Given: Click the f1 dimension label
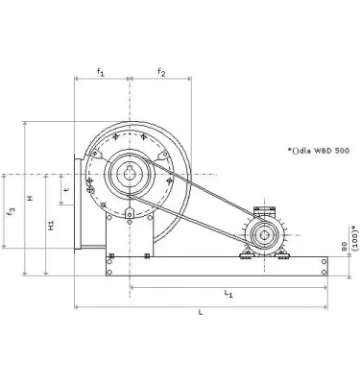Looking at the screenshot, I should (x=101, y=71).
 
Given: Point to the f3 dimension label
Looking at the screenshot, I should (x=10, y=209).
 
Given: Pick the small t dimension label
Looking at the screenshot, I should (x=64, y=189).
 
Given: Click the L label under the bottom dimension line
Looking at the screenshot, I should (x=199, y=313).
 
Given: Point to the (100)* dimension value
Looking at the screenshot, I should (x=354, y=235).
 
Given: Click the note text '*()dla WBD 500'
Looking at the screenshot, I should (x=318, y=151).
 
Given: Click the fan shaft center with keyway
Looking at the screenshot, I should (x=128, y=174).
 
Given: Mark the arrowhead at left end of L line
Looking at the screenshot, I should (x=77, y=306).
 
